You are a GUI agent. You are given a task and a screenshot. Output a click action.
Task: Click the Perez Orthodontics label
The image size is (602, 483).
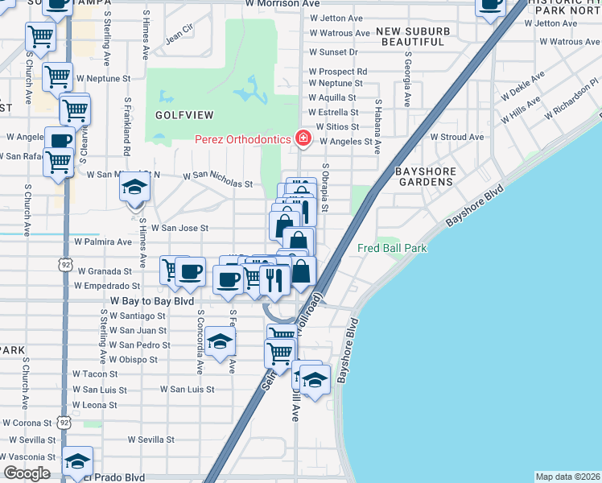[242, 139]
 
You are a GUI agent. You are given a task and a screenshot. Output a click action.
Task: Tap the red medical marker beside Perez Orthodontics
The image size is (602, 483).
[303, 139]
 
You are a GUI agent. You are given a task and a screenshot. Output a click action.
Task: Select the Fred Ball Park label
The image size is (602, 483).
[392, 249]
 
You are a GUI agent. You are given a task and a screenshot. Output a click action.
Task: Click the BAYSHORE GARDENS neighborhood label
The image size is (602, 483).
[426, 177]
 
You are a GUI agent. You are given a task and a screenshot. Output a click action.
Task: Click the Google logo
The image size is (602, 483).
[27, 473]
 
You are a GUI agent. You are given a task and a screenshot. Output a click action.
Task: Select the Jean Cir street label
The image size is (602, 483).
[179, 37]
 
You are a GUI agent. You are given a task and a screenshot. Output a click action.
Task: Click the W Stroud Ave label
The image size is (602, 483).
[457, 137]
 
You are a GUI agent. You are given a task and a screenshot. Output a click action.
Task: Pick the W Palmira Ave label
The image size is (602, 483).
[102, 242]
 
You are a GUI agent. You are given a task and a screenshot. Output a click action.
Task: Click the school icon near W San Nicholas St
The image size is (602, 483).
[134, 189]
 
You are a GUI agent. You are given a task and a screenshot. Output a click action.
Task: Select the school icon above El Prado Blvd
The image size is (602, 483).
[78, 462]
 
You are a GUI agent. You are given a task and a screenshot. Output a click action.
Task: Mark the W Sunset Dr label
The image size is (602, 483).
[333, 52]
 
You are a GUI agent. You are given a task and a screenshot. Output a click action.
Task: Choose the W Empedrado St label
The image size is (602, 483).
[107, 286]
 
